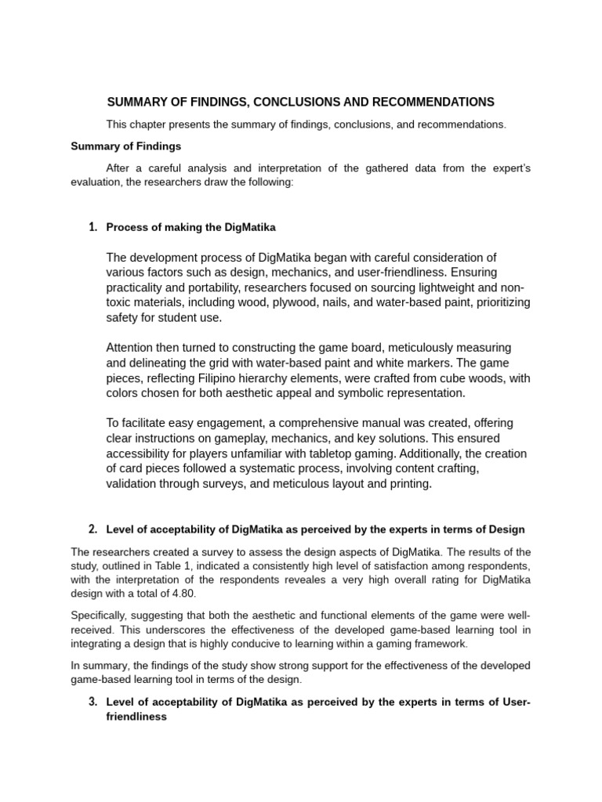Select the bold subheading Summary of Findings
[126, 146]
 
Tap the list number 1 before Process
[92, 227]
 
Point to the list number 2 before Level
[92, 529]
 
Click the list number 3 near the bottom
[92, 701]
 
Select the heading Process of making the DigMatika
[190, 227]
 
